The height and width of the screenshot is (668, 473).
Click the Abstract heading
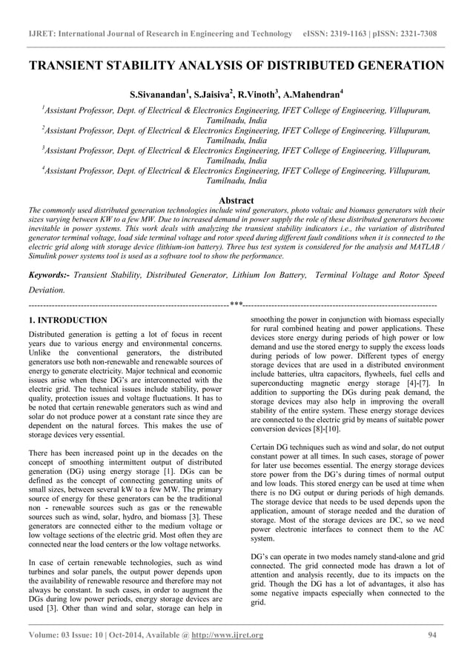236,201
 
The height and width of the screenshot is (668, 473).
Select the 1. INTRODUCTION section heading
67,320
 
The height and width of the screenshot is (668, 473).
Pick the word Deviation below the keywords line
45,290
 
